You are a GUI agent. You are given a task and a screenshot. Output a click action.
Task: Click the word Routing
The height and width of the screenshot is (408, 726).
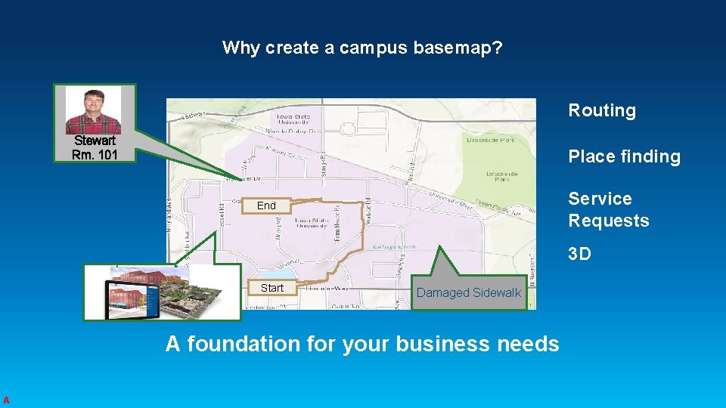602,110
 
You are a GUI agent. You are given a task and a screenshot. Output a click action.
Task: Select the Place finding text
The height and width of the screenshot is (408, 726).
624,156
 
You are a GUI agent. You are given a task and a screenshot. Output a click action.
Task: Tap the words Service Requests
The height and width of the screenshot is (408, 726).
608,209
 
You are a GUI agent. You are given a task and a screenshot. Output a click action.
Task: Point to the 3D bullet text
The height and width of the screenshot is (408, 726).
579,254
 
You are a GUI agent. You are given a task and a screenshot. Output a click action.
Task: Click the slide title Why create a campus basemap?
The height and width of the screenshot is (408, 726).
362,48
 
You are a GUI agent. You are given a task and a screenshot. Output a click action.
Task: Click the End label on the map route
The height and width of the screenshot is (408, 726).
266,206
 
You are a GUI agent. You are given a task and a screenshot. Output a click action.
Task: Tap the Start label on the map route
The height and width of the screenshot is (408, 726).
271,288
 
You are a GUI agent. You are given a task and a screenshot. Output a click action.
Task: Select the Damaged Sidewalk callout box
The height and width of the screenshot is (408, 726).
469,292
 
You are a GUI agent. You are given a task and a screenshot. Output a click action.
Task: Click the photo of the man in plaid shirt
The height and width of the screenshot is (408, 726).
93,110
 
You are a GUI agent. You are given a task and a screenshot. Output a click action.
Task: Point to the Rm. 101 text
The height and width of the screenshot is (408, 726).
95,155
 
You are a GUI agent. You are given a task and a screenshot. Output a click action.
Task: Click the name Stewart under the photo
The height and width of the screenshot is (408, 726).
95,141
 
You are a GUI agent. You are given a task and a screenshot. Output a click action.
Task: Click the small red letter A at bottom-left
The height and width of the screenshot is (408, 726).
5,400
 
